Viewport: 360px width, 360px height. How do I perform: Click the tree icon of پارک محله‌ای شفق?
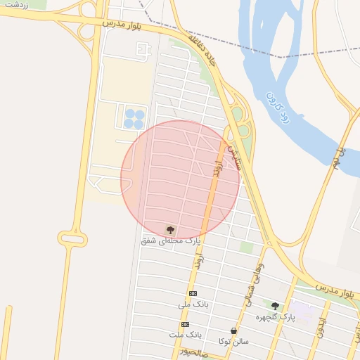coord(169,229)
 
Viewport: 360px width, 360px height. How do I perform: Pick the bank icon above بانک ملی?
coord(193,293)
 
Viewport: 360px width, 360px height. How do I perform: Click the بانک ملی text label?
coord(193,304)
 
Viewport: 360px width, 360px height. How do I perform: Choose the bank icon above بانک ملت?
coord(185,324)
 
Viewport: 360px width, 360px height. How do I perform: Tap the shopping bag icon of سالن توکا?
coord(233,330)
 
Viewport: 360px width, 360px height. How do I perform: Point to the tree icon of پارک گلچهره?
coord(274,306)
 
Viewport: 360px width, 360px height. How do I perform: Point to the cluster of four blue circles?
coord(134,119)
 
